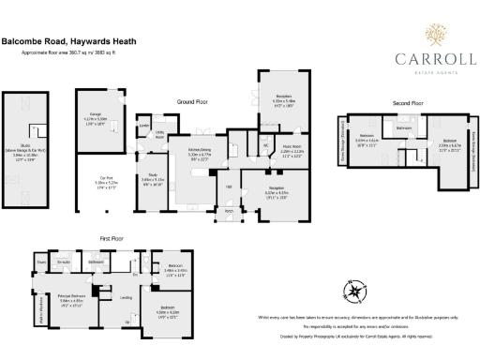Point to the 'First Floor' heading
(112, 239)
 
